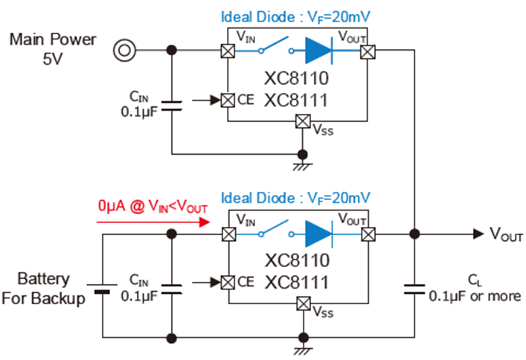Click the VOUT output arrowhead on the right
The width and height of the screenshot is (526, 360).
(x=476, y=233)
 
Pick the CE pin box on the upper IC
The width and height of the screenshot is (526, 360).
(x=227, y=100)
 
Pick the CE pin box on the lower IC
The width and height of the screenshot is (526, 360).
(x=227, y=283)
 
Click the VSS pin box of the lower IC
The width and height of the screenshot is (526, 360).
(x=302, y=303)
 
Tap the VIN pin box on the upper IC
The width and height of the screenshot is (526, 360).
(x=227, y=51)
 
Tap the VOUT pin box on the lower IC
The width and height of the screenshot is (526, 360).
(x=368, y=233)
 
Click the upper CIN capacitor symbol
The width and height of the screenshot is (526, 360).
(x=171, y=103)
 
